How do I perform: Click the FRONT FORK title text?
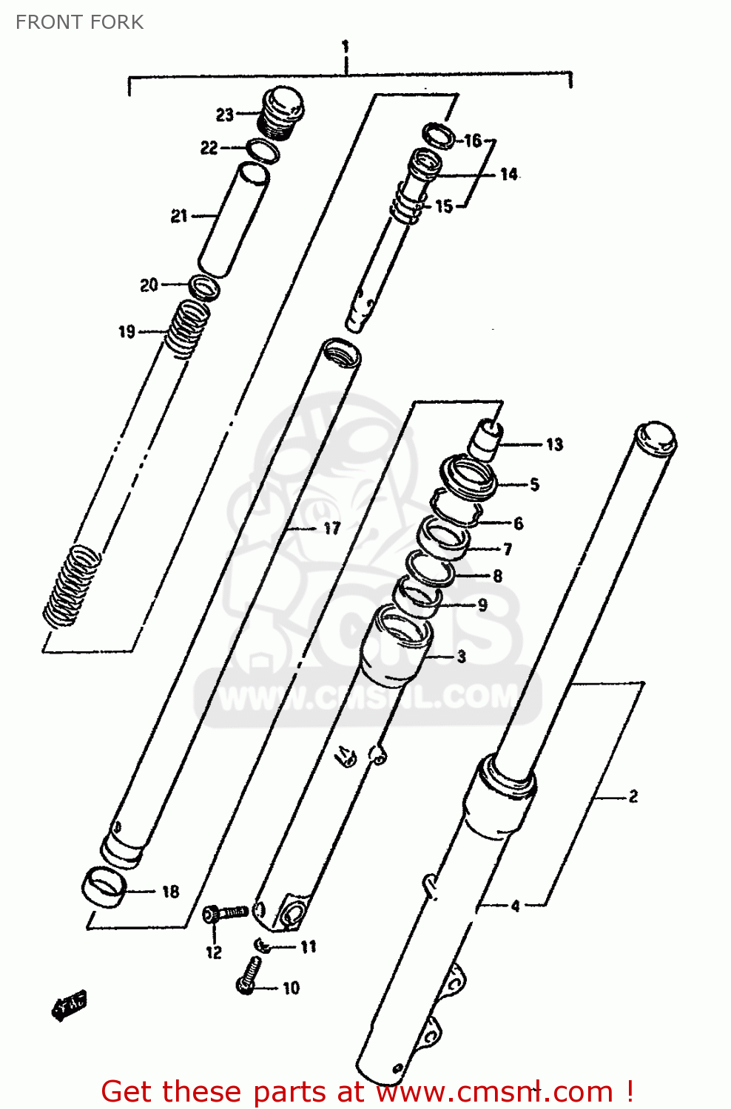click(79, 22)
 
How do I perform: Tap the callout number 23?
click(225, 115)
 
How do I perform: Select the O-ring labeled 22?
click(262, 150)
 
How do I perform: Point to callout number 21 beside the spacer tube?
click(179, 216)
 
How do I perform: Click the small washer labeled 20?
click(203, 287)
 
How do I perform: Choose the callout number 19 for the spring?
click(127, 331)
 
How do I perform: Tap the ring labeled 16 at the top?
click(438, 136)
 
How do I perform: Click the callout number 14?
click(508, 174)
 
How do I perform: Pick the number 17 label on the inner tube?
click(331, 528)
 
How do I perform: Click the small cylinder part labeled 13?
click(486, 438)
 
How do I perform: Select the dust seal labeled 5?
click(468, 478)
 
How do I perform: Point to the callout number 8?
click(497, 576)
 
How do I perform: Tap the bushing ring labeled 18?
click(102, 886)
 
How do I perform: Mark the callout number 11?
click(308, 946)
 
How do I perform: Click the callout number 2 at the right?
click(633, 796)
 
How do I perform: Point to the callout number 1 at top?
click(345, 47)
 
